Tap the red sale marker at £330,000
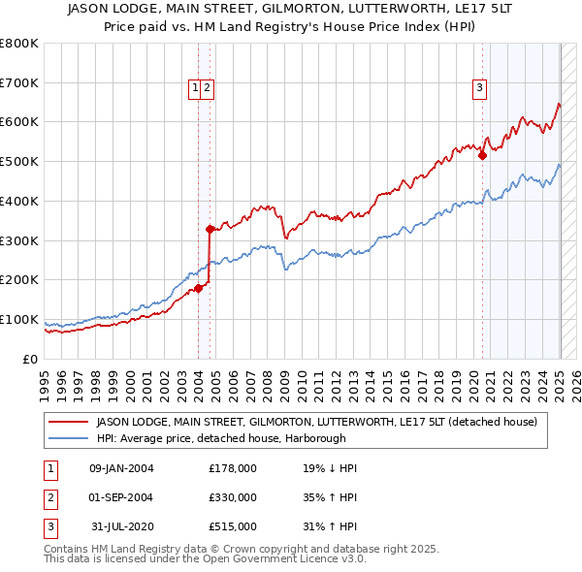(210, 229)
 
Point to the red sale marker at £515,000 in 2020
(482, 155)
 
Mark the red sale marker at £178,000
(198, 288)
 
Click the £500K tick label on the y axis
(19, 162)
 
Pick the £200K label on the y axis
(19, 280)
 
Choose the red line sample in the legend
(69, 422)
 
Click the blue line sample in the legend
(69, 437)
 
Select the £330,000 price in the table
(233, 497)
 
